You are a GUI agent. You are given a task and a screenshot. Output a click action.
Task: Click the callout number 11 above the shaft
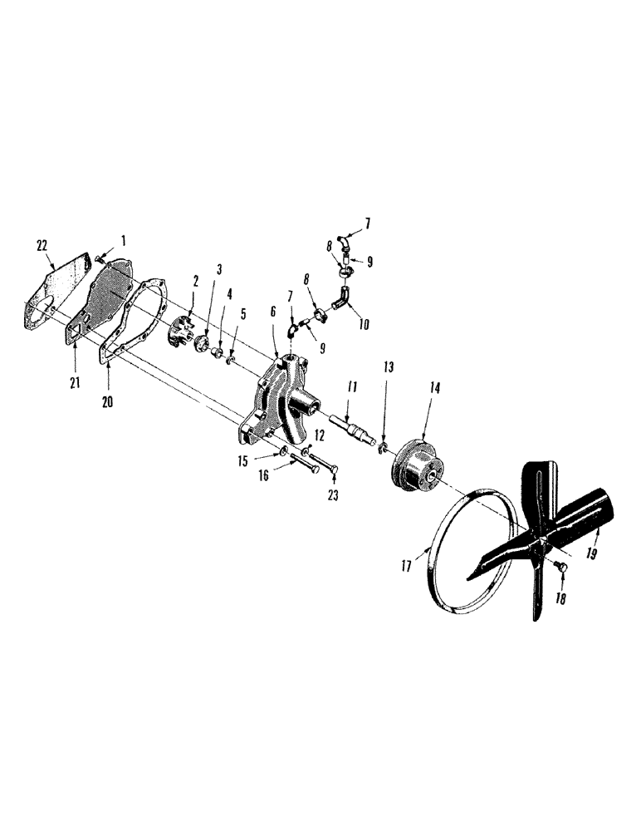point(351,386)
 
